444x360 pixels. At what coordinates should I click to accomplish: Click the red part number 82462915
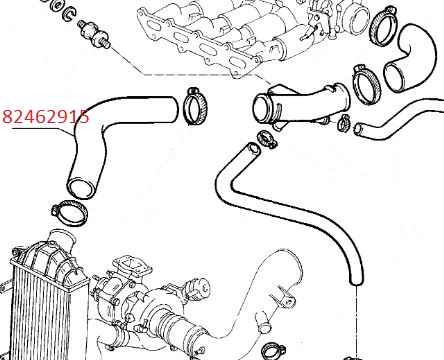46,117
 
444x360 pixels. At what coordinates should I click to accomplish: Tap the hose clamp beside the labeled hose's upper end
196,106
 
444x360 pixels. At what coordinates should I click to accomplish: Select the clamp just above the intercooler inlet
70,212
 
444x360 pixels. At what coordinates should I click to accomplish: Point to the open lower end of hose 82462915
81,188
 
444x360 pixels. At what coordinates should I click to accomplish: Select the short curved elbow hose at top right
411,57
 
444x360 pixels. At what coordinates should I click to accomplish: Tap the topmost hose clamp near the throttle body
383,28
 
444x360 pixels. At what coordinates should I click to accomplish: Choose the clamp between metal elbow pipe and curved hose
366,83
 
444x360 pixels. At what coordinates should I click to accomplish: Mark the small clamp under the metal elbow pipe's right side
344,122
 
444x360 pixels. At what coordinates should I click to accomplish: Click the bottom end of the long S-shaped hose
356,279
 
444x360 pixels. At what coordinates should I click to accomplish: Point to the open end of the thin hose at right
359,129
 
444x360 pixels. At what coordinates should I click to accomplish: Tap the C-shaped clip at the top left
70,15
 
